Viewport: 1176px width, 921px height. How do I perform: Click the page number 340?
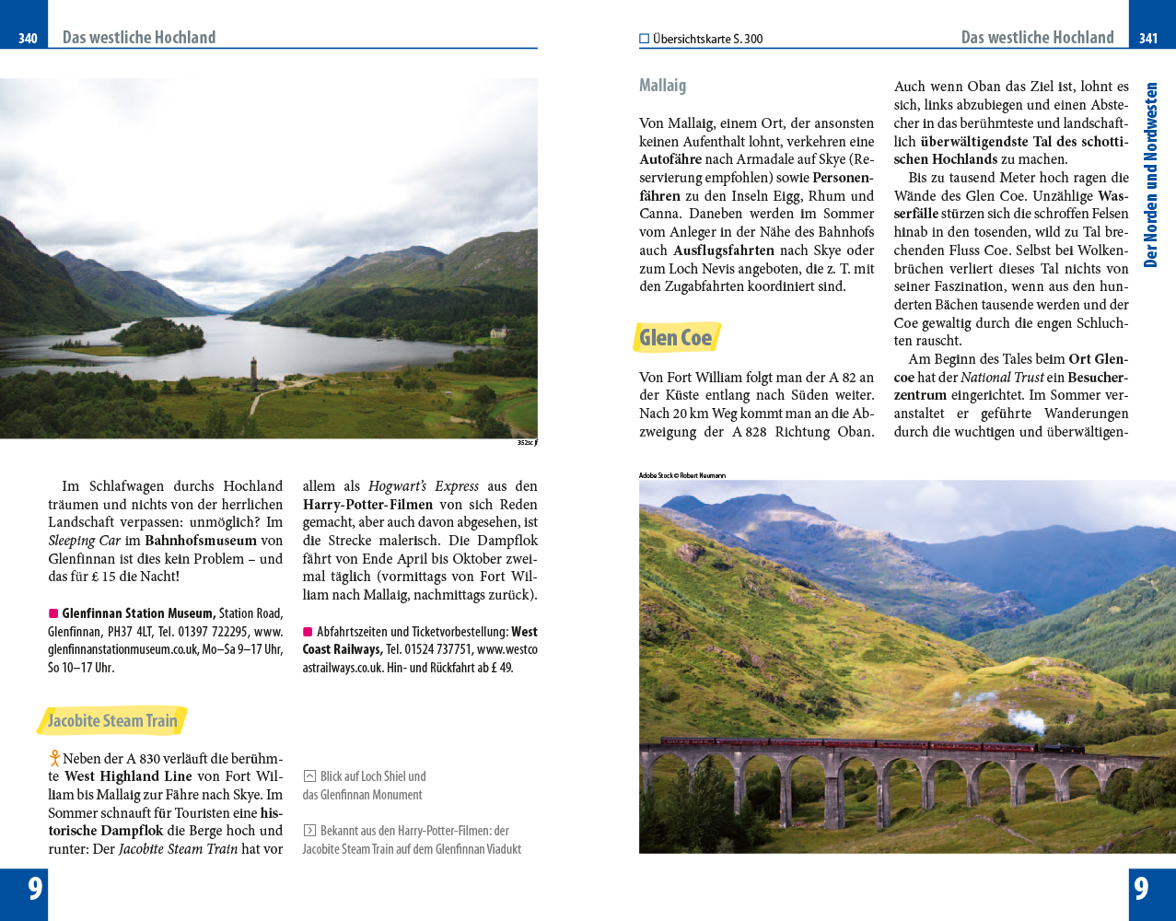[28, 38]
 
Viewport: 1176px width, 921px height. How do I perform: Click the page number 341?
[1147, 38]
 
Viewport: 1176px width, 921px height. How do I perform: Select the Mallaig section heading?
[662, 86]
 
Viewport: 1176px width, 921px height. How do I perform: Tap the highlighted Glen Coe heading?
[676, 338]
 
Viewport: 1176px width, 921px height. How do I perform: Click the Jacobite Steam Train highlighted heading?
[112, 721]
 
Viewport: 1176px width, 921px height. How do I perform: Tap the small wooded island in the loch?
[158, 335]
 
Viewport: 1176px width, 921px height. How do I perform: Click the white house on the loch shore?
[498, 332]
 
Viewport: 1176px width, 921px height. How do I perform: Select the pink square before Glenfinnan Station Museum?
[53, 613]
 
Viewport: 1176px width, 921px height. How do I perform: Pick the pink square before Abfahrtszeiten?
[308, 632]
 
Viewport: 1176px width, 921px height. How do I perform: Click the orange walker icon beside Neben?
[55, 759]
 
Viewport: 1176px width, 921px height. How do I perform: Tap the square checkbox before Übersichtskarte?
[645, 39]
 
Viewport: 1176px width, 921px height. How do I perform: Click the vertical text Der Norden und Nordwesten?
[1150, 175]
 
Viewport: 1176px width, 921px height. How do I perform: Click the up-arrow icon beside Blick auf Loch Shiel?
[309, 776]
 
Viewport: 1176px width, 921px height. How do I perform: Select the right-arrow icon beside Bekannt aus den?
[309, 831]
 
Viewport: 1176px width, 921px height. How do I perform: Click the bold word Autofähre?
[670, 159]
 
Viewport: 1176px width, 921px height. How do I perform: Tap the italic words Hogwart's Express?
[424, 486]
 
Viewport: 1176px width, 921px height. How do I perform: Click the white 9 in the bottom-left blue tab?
[35, 888]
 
